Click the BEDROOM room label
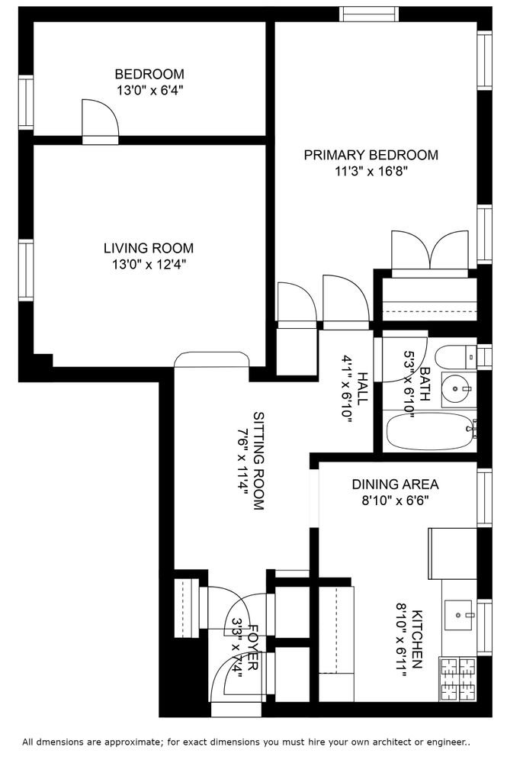(x=149, y=74)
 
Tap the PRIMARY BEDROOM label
(x=371, y=155)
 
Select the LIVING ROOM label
(x=149, y=248)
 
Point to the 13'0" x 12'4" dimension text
(x=149, y=265)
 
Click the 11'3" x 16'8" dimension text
(x=371, y=171)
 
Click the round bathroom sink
(x=455, y=389)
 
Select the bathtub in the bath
(x=429, y=432)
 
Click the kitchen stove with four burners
(x=458, y=679)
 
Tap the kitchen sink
(x=458, y=614)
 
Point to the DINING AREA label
(x=395, y=485)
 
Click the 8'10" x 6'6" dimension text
(x=395, y=501)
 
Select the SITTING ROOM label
(x=259, y=461)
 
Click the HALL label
(x=363, y=388)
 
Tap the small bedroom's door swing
(x=100, y=121)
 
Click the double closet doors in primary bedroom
(x=430, y=253)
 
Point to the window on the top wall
(x=368, y=14)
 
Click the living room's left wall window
(x=26, y=270)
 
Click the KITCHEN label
(x=417, y=639)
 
